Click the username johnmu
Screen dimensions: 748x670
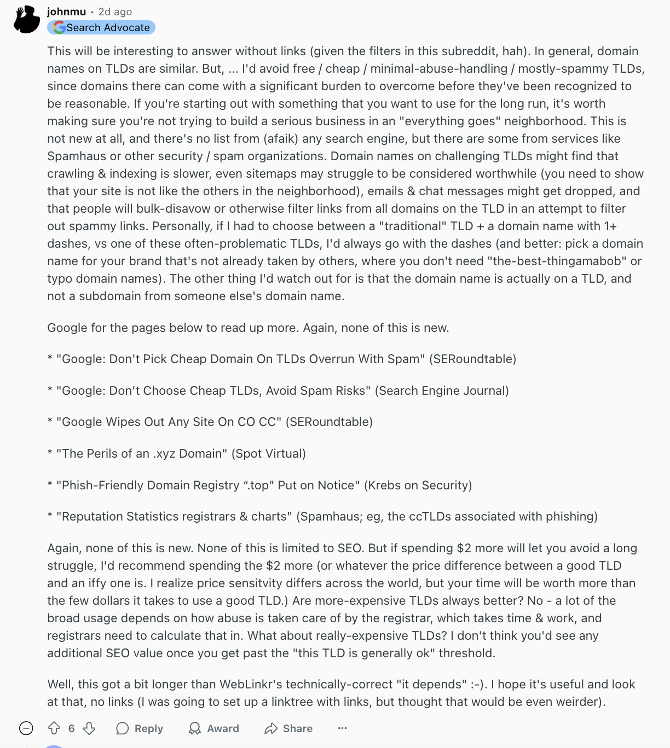pyautogui.click(x=66, y=11)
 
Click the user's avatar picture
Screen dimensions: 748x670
pyautogui.click(x=26, y=20)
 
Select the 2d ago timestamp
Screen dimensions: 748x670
pyautogui.click(x=115, y=11)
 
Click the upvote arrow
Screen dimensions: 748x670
pyautogui.click(x=54, y=728)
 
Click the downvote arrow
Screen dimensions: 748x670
pyautogui.click(x=89, y=728)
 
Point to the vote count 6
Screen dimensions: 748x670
pyautogui.click(x=71, y=728)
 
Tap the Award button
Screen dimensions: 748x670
pyautogui.click(x=214, y=728)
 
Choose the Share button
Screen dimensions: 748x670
pyautogui.click(x=288, y=728)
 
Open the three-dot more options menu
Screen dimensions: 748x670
pyautogui.click(x=343, y=728)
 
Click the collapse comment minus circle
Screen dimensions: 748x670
pyautogui.click(x=26, y=728)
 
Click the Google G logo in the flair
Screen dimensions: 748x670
pyautogui.click(x=59, y=27)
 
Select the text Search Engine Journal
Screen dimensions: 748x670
pyautogui.click(x=442, y=390)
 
